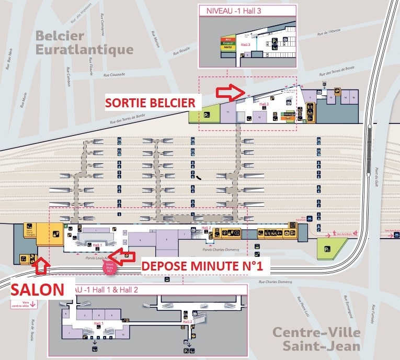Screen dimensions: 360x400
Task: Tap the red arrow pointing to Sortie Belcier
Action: tap(230, 93)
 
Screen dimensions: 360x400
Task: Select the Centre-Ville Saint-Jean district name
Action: tap(316, 339)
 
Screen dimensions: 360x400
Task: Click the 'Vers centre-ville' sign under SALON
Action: tap(22, 303)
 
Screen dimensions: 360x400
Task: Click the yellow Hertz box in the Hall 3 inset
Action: tap(227, 48)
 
